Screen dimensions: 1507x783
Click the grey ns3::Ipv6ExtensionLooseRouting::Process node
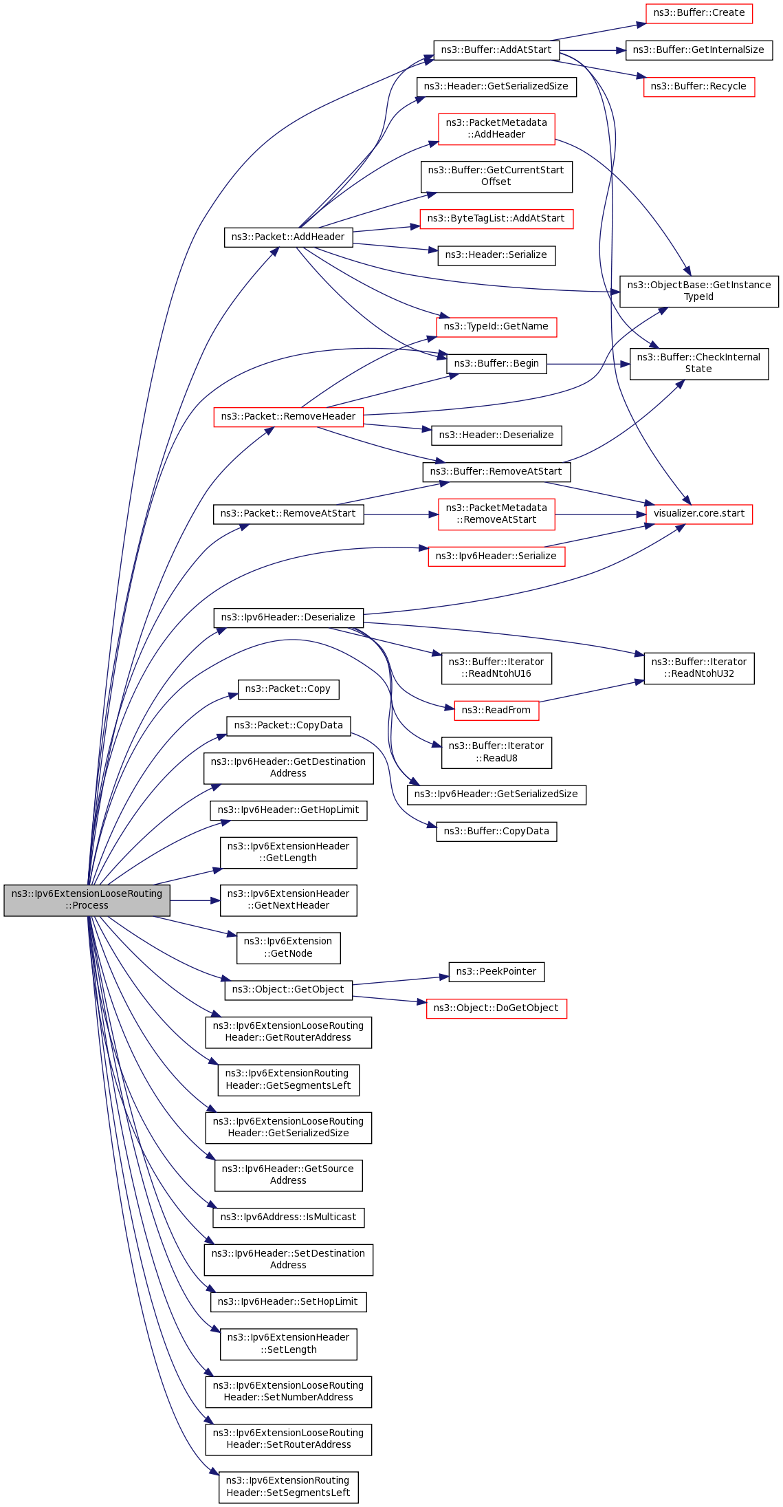(x=87, y=900)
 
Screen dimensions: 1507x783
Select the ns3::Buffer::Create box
(x=698, y=13)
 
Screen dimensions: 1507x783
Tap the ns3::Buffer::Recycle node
(x=698, y=87)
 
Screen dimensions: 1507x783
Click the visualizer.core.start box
(x=698, y=514)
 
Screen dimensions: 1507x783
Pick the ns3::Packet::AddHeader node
(x=288, y=237)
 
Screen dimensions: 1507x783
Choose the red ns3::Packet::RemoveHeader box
(x=288, y=417)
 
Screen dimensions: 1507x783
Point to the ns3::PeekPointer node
(x=496, y=972)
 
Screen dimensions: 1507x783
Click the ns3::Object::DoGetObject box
(x=496, y=1008)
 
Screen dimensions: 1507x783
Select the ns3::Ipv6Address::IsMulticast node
(x=288, y=1217)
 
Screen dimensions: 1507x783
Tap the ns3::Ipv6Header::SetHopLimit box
(x=288, y=1302)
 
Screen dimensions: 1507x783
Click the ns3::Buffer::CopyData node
(x=496, y=832)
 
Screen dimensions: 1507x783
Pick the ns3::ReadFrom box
(x=496, y=711)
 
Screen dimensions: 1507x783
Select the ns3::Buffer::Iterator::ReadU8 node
(x=496, y=752)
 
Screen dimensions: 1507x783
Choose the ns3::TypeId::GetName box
(x=496, y=327)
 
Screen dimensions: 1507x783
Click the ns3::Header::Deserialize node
(x=496, y=435)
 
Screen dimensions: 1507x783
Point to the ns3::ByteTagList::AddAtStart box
(x=496, y=219)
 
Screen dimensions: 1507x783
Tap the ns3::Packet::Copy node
(x=288, y=689)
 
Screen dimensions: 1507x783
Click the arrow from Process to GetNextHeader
(x=195, y=900)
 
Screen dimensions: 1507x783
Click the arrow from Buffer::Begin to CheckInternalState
(x=588, y=364)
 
